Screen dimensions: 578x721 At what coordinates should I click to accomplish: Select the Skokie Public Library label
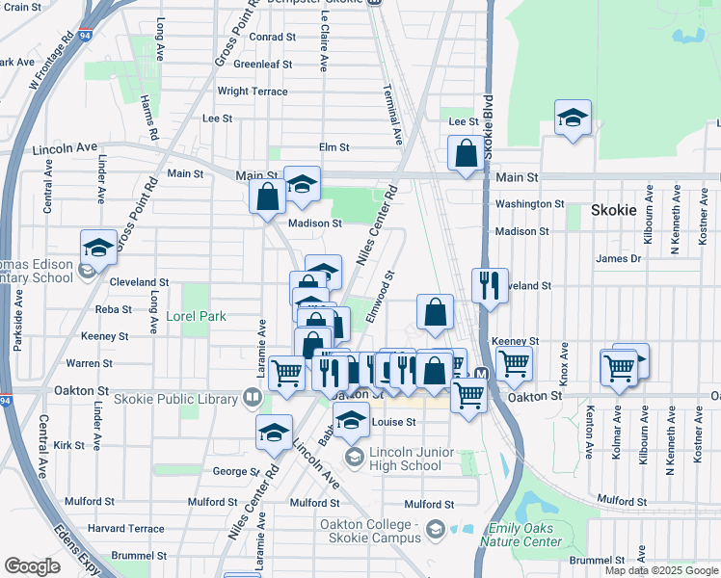click(178, 398)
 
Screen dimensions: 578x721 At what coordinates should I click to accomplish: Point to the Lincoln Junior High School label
click(393, 459)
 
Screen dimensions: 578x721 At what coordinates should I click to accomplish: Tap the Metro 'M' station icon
click(481, 375)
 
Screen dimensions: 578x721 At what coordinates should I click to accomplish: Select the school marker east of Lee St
click(573, 118)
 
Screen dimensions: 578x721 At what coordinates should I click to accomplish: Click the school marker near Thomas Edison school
click(98, 248)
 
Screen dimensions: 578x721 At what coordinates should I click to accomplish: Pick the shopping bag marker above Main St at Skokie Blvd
click(466, 153)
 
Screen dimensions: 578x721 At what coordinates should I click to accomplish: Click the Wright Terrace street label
click(253, 92)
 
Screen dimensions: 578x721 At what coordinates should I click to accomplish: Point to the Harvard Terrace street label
click(126, 529)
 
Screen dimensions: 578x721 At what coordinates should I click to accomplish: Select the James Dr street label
click(618, 258)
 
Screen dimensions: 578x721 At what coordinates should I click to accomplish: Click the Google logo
click(32, 566)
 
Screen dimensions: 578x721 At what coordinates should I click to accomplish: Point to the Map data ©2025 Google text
click(661, 570)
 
